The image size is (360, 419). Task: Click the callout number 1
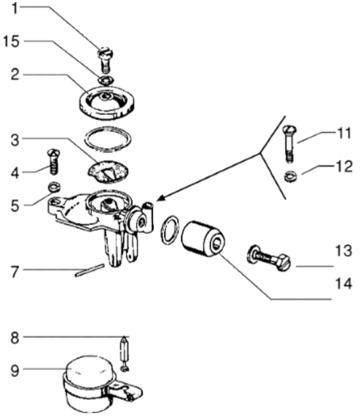point(15,8)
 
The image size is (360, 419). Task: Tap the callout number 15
point(11,42)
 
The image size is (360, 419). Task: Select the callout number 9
point(15,371)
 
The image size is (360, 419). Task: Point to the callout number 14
point(343,283)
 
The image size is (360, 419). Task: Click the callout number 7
point(15,272)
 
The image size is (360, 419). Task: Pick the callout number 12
point(344,167)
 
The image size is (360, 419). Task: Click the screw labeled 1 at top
point(106,60)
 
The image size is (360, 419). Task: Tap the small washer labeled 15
point(106,80)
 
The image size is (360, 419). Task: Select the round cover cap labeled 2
point(107,103)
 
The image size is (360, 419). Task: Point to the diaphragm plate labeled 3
point(108,172)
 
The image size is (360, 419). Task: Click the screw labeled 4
point(54,161)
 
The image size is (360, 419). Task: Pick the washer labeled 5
point(54,187)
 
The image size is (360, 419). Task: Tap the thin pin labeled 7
point(89,270)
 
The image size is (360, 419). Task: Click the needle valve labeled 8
point(124,353)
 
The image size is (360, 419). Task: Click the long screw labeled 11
point(290,144)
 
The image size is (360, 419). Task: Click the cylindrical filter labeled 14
point(203,238)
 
